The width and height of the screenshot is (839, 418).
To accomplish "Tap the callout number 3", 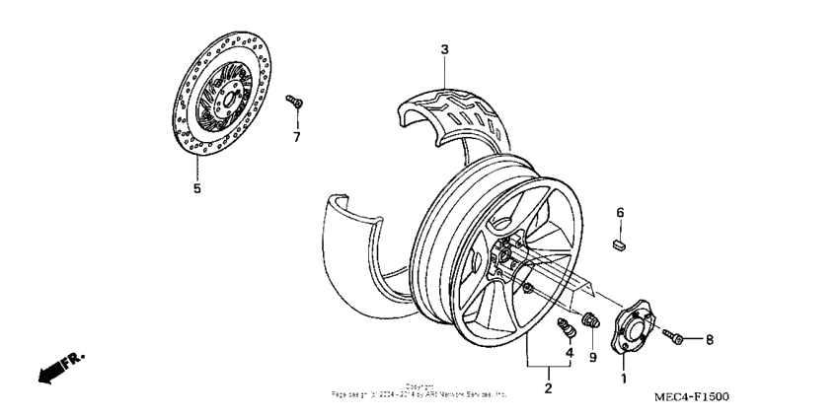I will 444,49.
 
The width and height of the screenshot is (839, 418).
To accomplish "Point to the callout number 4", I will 569,353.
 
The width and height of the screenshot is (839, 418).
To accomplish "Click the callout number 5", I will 196,188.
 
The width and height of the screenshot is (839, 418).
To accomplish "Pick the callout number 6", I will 620,212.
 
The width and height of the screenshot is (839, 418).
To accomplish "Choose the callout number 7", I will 295,136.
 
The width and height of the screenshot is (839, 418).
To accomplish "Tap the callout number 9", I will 593,357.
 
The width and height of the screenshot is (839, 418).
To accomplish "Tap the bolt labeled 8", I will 674,337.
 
